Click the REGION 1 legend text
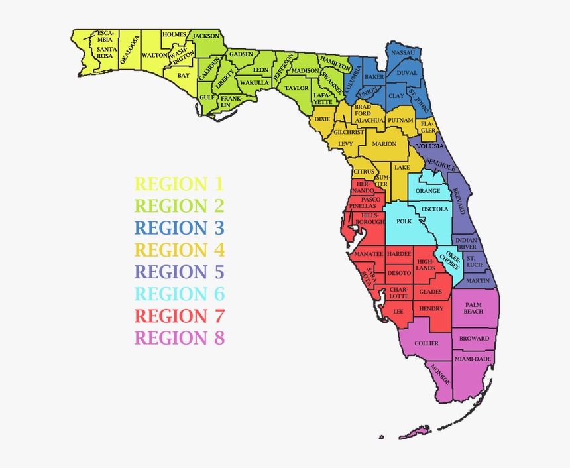point(180,184)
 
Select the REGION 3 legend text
point(180,228)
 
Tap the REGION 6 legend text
point(180,294)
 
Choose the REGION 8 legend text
point(180,338)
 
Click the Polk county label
point(404,221)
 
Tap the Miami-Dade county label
point(473,359)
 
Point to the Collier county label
point(426,343)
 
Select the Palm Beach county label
point(473,308)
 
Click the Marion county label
point(384,143)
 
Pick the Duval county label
point(406,74)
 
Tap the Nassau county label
point(403,52)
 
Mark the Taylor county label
point(296,88)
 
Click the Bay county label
point(184,76)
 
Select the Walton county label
point(154,56)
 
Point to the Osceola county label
point(435,209)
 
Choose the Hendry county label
point(431,309)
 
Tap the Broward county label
point(475,339)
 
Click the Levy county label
point(345,143)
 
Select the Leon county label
point(260,70)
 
